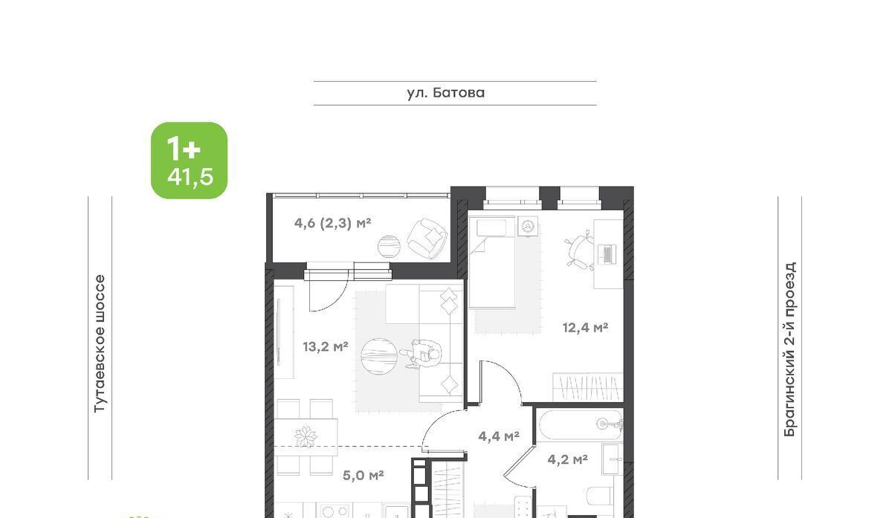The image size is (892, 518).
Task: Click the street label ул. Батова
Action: (445, 93)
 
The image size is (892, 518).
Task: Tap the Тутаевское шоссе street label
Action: (100, 344)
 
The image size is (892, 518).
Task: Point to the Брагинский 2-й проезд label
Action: (789, 349)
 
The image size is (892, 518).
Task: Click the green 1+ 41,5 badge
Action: (189, 161)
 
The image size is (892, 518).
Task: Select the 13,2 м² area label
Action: (326, 347)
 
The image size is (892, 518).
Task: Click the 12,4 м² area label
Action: (585, 328)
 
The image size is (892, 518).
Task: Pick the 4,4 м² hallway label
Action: (499, 436)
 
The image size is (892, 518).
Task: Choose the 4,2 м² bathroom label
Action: (567, 459)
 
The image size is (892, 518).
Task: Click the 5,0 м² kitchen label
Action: (363, 475)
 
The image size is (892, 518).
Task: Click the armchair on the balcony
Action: (427, 238)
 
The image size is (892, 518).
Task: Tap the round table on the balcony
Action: (389, 247)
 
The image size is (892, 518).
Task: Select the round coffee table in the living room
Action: (378, 356)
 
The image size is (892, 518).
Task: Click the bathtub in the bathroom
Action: (579, 424)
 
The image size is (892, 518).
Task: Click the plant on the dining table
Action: (306, 436)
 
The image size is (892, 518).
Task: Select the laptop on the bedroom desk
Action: (607, 254)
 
